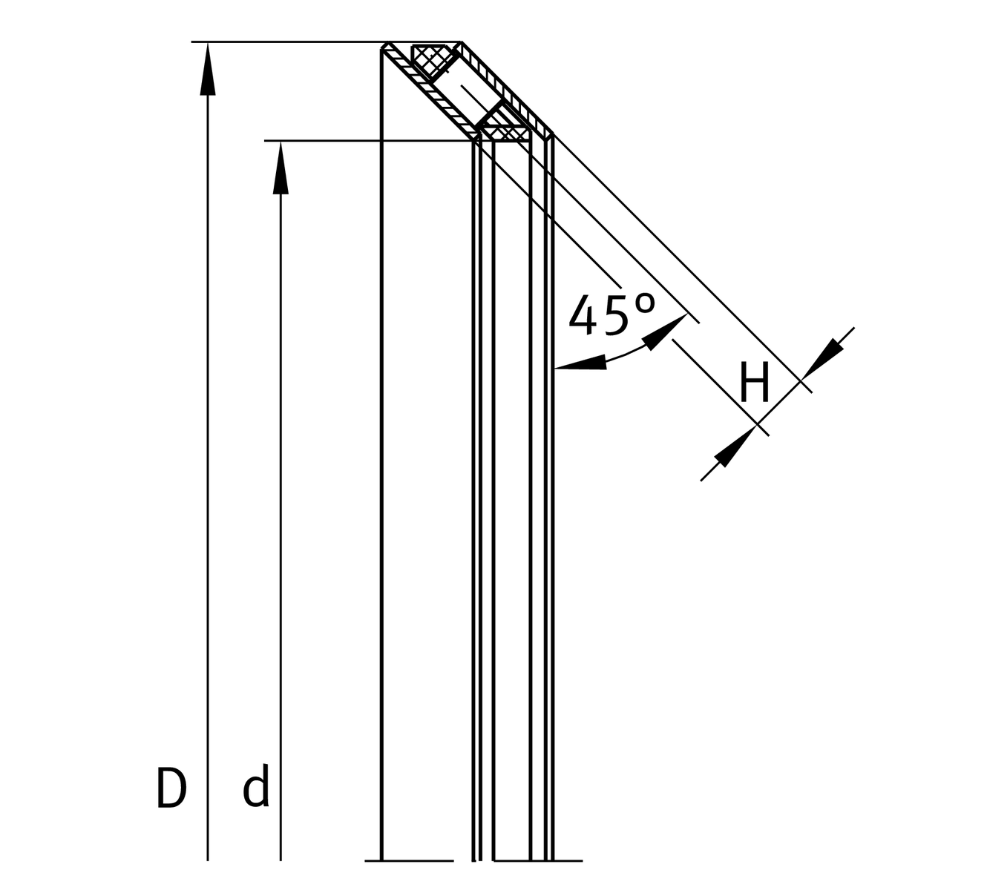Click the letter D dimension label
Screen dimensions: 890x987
click(x=171, y=788)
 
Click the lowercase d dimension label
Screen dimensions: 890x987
click(x=256, y=788)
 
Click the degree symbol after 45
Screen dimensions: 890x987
click(x=646, y=303)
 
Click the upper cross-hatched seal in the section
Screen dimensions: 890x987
click(x=430, y=59)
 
